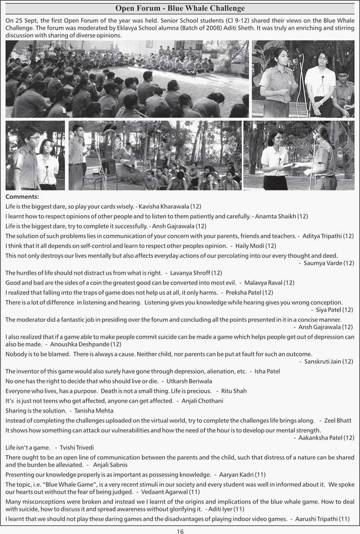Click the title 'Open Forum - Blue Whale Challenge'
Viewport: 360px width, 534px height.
point(180,8)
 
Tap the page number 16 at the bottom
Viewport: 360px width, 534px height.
point(180,531)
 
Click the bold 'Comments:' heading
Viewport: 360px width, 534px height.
point(22,197)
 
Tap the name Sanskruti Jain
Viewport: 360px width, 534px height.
point(323,361)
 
